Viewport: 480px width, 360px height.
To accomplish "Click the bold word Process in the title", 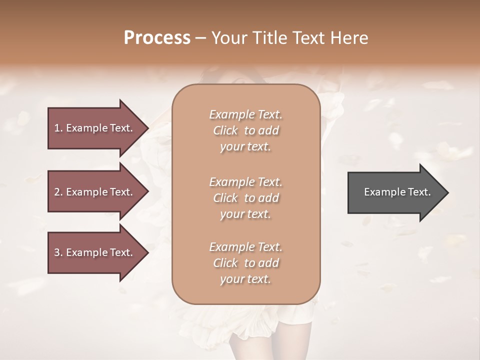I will pyautogui.click(x=157, y=38).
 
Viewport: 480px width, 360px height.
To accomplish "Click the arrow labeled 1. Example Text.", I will pyautogui.click(x=95, y=128).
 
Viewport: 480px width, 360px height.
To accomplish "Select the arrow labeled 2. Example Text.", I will pyautogui.click(x=95, y=192).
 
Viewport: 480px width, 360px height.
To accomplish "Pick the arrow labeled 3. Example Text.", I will pyautogui.click(x=95, y=252).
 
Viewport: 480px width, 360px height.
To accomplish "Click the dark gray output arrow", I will pyautogui.click(x=395, y=192).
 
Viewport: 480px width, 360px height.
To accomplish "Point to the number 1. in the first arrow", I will pyautogui.click(x=58, y=128).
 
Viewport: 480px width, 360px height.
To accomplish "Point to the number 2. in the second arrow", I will pyautogui.click(x=58, y=192).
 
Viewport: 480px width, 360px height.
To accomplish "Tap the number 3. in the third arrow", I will pyautogui.click(x=58, y=252).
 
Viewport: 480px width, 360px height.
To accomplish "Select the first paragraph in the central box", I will pyautogui.click(x=246, y=130).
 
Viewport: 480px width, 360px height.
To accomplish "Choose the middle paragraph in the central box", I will pyautogui.click(x=246, y=198).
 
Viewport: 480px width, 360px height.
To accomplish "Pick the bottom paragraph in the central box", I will pyautogui.click(x=246, y=263).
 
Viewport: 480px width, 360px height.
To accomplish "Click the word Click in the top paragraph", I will pyautogui.click(x=225, y=130).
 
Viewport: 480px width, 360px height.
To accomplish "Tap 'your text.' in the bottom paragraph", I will pyautogui.click(x=245, y=279).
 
